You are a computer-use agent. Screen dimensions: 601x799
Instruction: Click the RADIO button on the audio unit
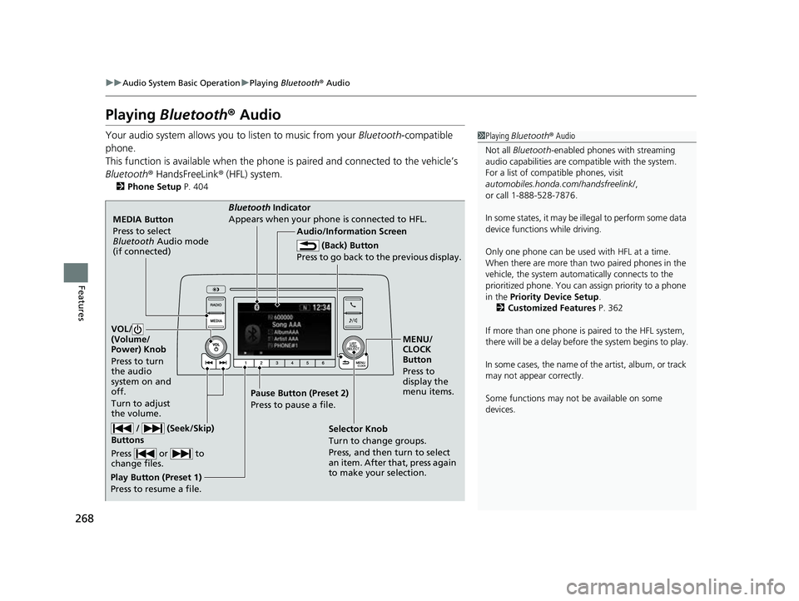214,305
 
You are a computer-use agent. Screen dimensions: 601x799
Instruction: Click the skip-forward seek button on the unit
223,364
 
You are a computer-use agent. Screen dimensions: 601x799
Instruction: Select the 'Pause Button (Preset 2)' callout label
298,393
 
